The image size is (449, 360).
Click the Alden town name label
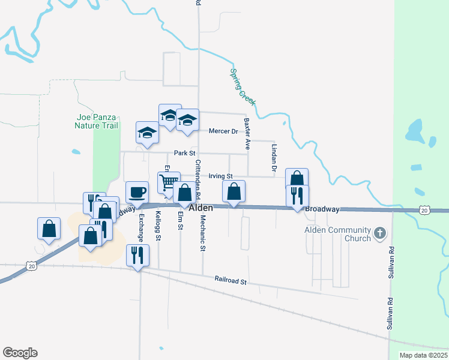pyautogui.click(x=201, y=208)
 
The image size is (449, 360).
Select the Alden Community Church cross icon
pyautogui.click(x=379, y=233)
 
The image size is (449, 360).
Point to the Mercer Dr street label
pyautogui.click(x=223, y=131)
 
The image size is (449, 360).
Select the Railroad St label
pyautogui.click(x=231, y=280)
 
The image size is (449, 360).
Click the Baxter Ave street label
pyautogui.click(x=247, y=133)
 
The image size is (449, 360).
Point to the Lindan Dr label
pyautogui.click(x=273, y=158)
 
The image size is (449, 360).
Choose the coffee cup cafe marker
pyautogui.click(x=137, y=192)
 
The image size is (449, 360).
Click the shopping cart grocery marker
pyautogui.click(x=169, y=182)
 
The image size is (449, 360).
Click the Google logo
pyautogui.click(x=20, y=353)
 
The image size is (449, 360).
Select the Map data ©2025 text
pyautogui.click(x=423, y=355)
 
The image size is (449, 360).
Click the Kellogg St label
pyautogui.click(x=158, y=226)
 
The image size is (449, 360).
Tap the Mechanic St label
pyautogui.click(x=203, y=235)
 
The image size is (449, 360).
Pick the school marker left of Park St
pyautogui.click(x=147, y=133)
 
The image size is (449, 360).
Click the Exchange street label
pyautogui.click(x=141, y=228)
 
